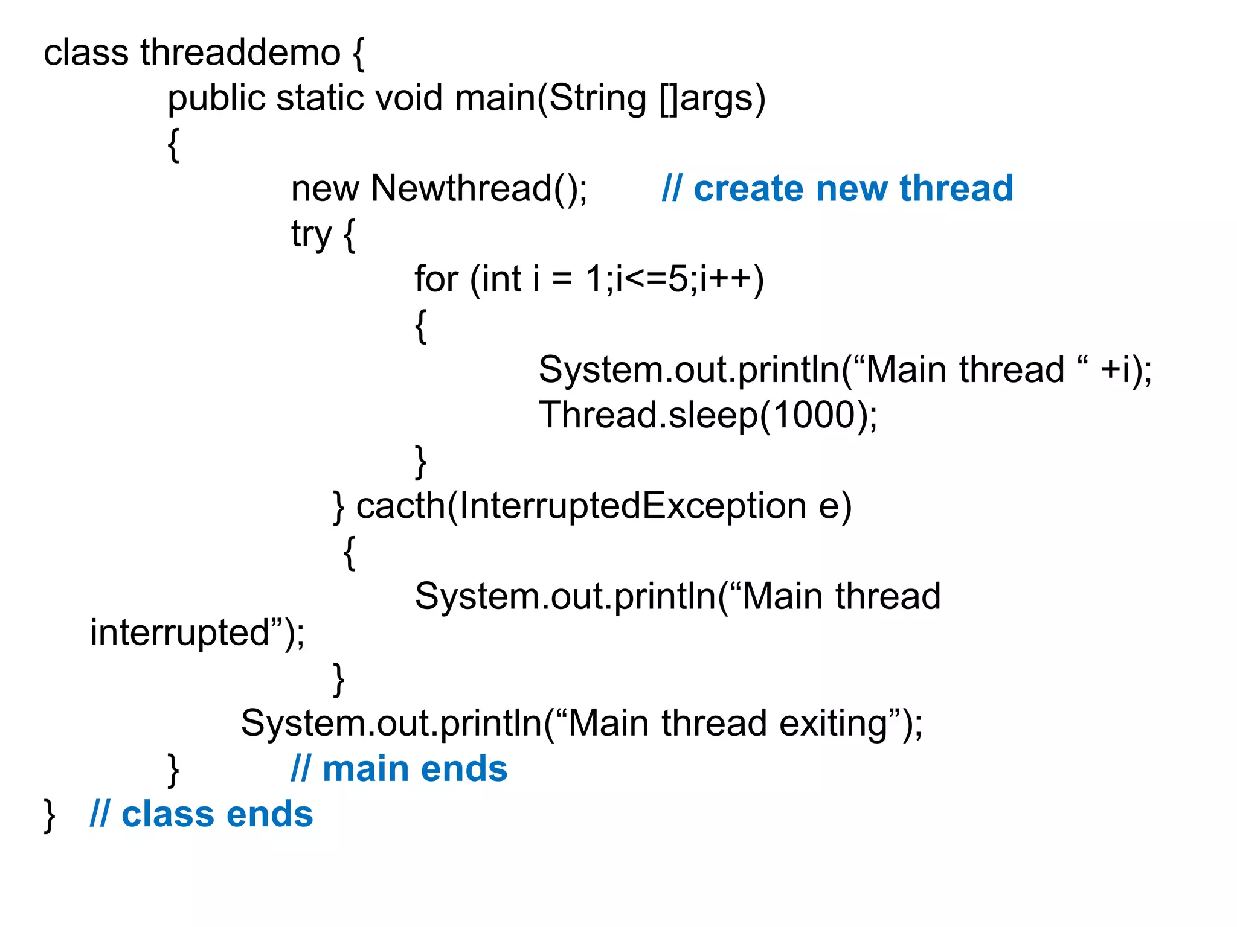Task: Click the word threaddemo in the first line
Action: click(240, 53)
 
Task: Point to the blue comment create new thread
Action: click(837, 189)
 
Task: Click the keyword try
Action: click(311, 234)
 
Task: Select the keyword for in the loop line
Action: click(435, 279)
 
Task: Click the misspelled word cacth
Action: click(400, 506)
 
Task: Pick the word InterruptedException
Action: click(632, 506)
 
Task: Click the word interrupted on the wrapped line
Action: click(180, 632)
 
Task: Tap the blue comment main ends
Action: click(399, 769)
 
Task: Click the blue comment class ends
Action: click(201, 814)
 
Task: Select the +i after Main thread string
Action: click(1115, 369)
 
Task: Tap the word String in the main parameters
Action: click(598, 98)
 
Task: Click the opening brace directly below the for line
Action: click(421, 326)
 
